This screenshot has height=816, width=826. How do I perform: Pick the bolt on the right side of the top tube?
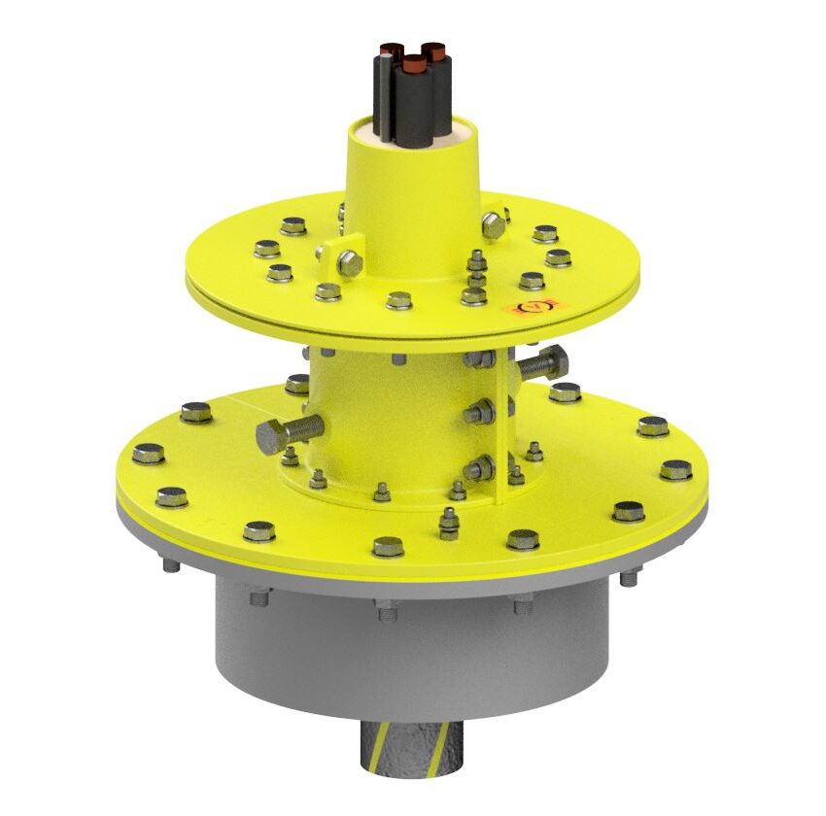click(494, 225)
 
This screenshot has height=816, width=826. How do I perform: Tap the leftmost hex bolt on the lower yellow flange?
click(149, 453)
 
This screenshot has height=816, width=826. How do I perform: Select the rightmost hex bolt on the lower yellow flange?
click(676, 470)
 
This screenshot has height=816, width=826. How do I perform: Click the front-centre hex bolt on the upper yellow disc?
click(399, 300)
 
